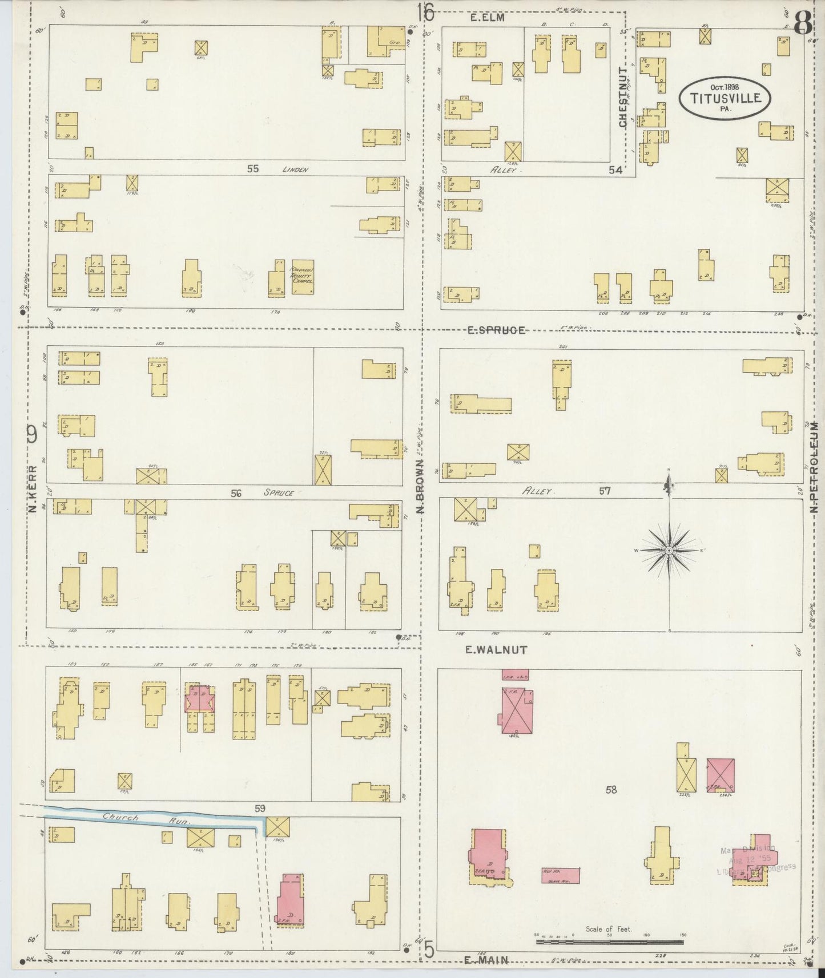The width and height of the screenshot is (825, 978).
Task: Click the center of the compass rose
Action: click(668, 550)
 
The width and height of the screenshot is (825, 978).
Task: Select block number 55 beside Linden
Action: click(253, 169)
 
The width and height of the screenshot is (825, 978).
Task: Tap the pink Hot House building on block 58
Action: click(561, 875)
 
